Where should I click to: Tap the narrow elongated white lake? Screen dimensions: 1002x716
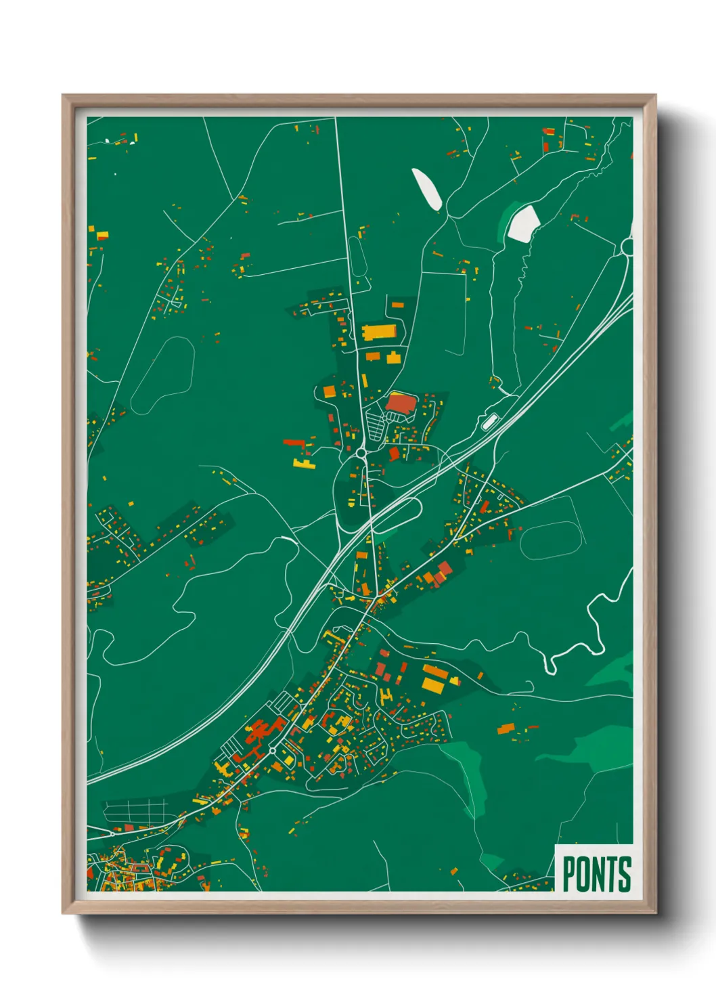427,189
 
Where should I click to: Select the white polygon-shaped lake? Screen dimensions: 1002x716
522,223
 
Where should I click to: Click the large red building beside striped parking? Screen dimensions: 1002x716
401,404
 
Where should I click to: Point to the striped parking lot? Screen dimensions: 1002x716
375,426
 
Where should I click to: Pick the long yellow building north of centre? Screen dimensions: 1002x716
379,332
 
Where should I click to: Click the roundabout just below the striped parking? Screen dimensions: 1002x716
361,452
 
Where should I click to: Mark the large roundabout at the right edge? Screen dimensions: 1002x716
627,247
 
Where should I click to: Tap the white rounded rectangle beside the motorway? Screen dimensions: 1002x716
488,422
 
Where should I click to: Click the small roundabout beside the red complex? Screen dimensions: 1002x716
272,751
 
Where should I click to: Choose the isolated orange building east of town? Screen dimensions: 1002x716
506,728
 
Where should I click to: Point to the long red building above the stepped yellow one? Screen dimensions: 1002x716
294,442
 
